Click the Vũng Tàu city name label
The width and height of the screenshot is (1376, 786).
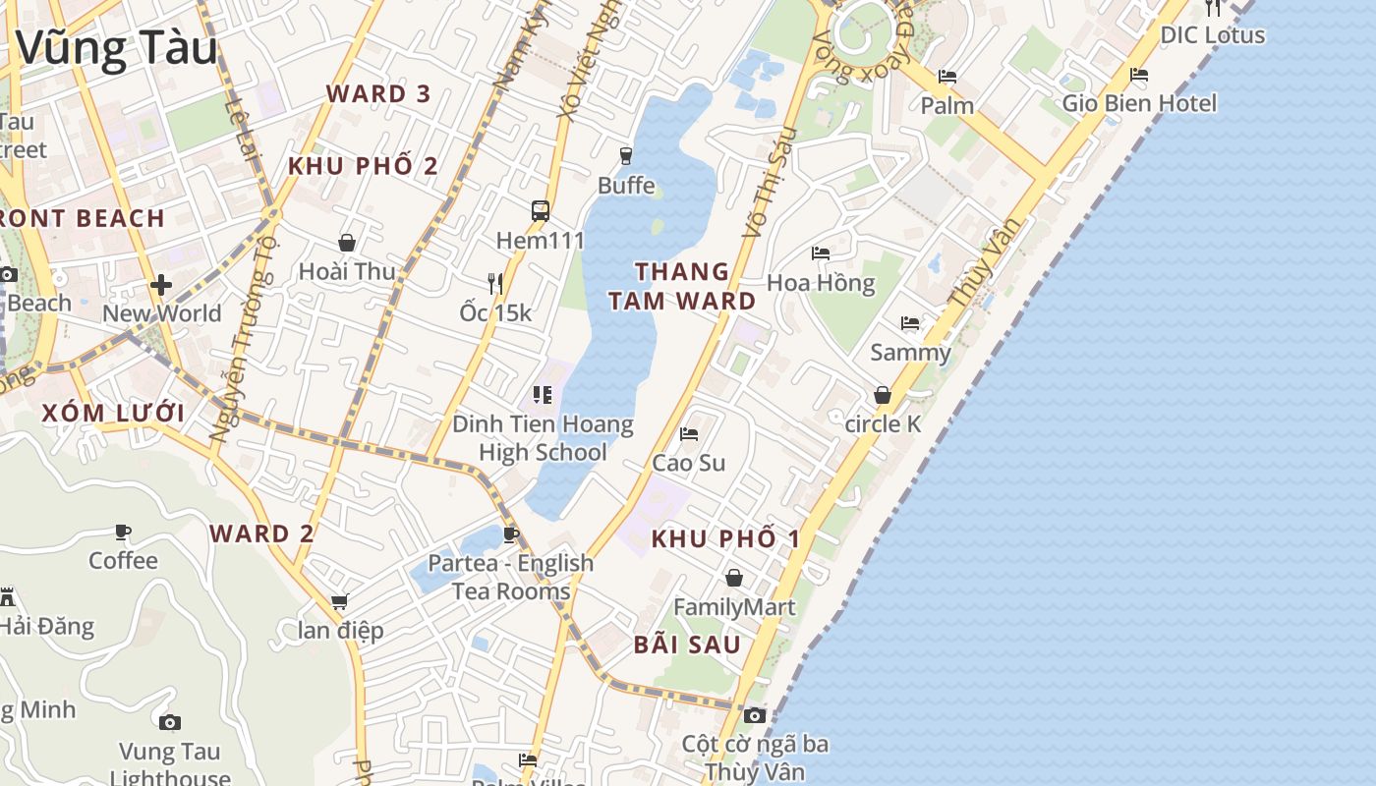click(116, 47)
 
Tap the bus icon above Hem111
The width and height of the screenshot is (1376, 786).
click(540, 210)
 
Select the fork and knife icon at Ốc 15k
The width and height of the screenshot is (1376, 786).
click(495, 284)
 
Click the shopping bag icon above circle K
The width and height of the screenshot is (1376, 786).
click(883, 395)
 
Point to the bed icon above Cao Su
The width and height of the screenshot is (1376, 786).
click(689, 433)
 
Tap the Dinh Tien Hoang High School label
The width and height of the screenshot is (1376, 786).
click(543, 438)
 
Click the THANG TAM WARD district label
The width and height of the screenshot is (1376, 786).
click(682, 286)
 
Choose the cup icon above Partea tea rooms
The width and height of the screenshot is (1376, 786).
click(510, 534)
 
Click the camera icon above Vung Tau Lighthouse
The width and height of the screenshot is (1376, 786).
click(170, 723)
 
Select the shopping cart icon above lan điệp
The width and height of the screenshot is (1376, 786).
click(340, 601)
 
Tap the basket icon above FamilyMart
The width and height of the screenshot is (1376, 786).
click(733, 578)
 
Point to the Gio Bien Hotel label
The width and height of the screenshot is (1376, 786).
click(1139, 103)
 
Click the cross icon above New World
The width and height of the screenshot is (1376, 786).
click(161, 285)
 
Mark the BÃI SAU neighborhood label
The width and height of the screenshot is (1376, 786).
click(687, 645)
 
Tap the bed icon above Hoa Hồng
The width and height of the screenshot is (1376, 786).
click(821, 253)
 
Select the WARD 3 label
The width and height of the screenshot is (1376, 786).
click(378, 94)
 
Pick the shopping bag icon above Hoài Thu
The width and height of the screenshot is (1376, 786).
click(346, 243)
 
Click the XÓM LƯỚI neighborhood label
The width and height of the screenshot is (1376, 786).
click(113, 413)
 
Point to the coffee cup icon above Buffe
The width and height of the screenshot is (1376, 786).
click(625, 155)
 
